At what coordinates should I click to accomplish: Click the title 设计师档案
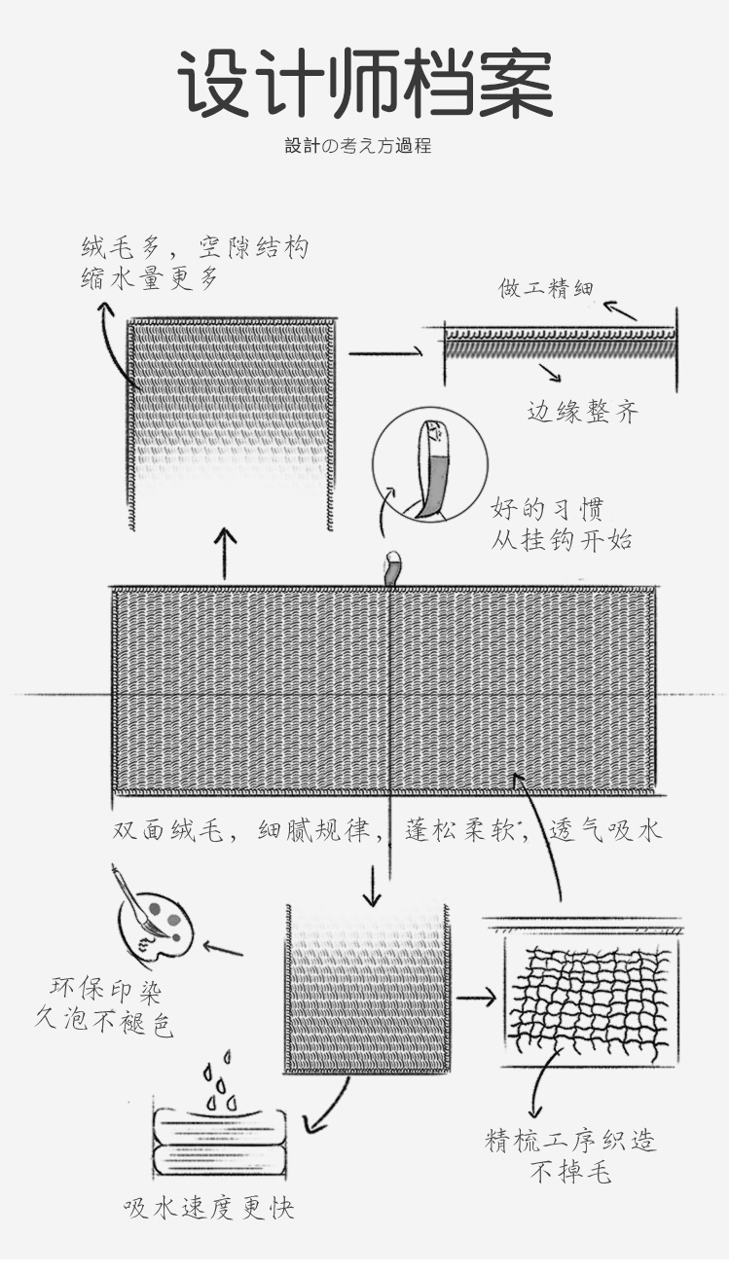[x=365, y=84]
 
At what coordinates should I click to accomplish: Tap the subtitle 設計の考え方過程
[x=358, y=146]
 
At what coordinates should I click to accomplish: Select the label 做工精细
[x=546, y=288]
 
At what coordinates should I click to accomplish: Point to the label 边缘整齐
[x=583, y=412]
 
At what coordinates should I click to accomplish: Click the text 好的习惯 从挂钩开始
[x=562, y=524]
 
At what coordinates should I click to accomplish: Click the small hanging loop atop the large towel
[x=393, y=568]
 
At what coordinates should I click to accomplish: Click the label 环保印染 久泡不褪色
[x=103, y=1007]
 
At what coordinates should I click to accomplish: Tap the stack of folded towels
[x=219, y=1146]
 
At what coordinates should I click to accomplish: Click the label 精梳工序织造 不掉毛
[x=570, y=1156]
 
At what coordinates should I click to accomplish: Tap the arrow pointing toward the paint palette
[x=223, y=947]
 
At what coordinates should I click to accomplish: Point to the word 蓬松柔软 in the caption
[x=459, y=831]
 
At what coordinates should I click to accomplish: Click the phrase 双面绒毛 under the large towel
[x=168, y=831]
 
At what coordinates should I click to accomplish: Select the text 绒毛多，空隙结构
[x=196, y=247]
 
